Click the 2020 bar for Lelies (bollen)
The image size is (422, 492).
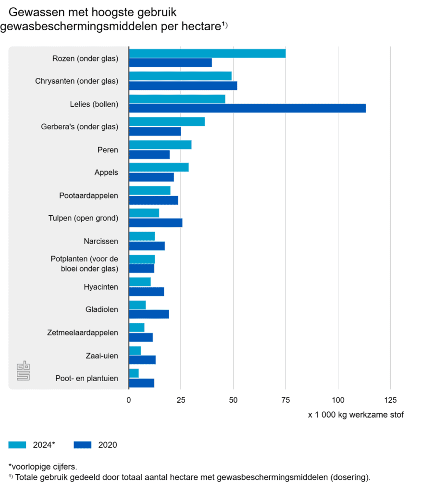[x=247, y=108]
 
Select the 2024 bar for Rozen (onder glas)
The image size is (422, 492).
[x=207, y=53]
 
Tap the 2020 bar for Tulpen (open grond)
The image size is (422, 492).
[x=156, y=222]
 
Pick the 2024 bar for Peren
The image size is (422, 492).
[x=160, y=145]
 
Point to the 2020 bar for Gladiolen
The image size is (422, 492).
[x=149, y=314]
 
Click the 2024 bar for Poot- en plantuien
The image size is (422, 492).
[x=134, y=373]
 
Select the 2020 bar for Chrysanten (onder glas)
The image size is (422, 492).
[x=183, y=86]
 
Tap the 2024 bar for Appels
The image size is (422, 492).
[x=159, y=167]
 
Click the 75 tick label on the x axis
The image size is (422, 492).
[x=285, y=400]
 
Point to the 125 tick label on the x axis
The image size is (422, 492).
[x=390, y=400]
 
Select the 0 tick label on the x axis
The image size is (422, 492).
[x=129, y=400]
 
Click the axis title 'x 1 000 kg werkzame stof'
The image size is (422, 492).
[x=356, y=415]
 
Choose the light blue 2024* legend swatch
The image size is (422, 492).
[x=18, y=445]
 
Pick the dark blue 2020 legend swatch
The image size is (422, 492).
[x=83, y=445]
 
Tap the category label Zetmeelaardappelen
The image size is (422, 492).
[x=83, y=332]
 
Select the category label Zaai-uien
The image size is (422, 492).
[x=103, y=356]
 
